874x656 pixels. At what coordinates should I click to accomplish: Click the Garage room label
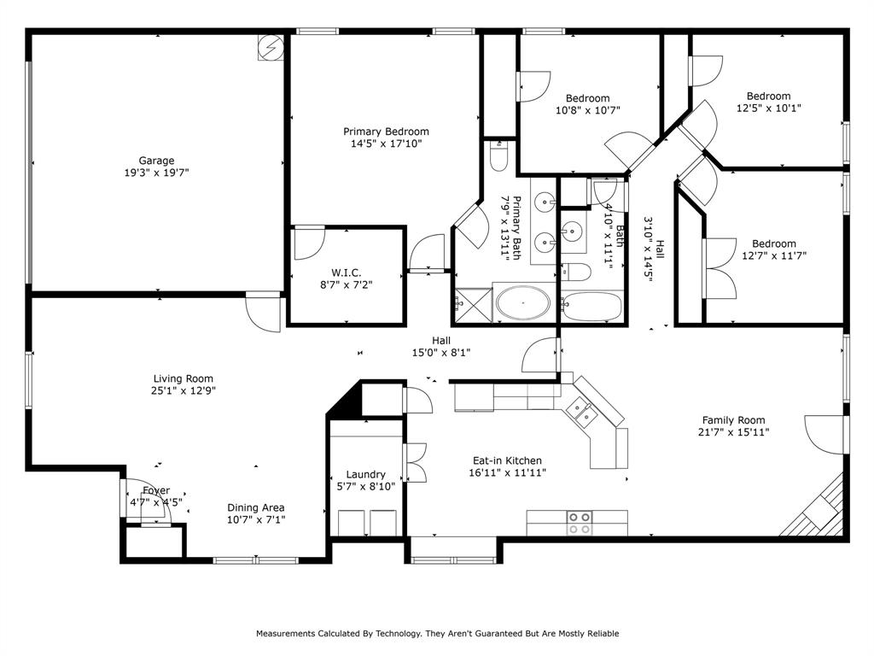[157, 161]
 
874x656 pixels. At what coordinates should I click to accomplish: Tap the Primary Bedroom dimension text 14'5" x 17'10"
[386, 143]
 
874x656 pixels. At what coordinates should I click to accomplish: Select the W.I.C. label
[346, 272]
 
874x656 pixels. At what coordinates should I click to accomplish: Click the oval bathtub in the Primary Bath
[523, 303]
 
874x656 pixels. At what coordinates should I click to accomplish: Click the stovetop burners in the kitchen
[580, 523]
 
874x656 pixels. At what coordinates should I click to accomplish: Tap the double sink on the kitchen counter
[585, 412]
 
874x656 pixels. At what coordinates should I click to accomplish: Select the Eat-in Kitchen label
[507, 460]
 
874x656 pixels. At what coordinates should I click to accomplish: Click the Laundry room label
[365, 474]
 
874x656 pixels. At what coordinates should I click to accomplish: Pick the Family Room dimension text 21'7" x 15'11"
[733, 432]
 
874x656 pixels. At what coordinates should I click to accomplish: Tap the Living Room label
[183, 378]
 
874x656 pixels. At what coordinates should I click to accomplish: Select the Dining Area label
[255, 507]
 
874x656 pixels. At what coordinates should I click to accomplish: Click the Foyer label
[155, 490]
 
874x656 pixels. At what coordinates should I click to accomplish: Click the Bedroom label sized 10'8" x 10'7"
[587, 98]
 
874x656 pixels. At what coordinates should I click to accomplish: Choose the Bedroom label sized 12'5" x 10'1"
[768, 97]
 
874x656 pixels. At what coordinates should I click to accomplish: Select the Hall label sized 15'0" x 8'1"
[440, 340]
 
